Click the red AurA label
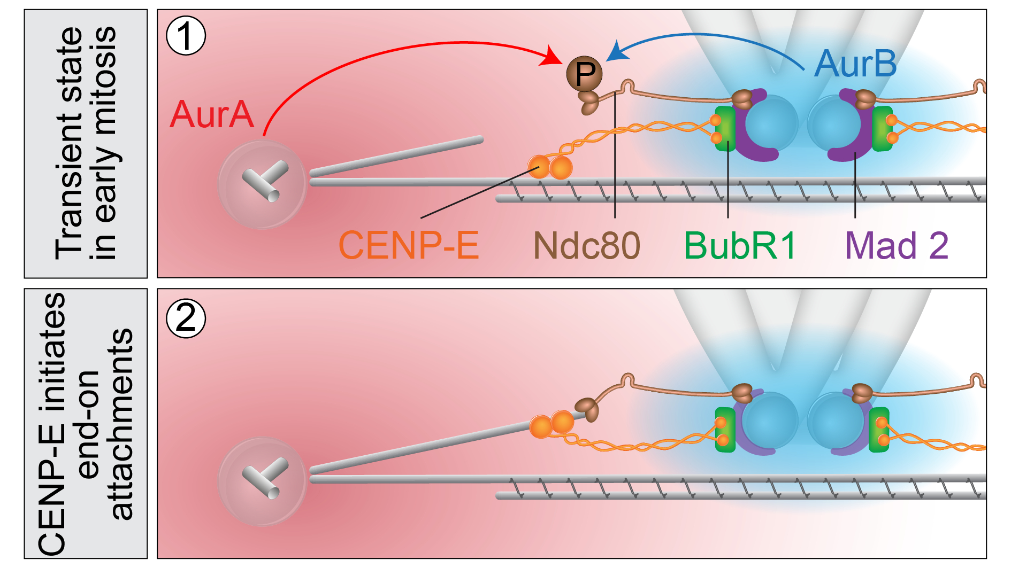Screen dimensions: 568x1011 (211, 114)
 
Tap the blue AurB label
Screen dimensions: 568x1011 (855, 64)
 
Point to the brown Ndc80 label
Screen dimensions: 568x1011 (586, 245)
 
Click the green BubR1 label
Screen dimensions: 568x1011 (740, 245)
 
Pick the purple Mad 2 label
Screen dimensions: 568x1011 (897, 245)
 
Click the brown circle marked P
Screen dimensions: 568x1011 (585, 74)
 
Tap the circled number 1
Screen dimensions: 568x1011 (186, 36)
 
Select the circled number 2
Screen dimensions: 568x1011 (186, 318)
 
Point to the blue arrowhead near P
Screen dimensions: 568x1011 (616, 52)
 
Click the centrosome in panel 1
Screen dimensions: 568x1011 (262, 184)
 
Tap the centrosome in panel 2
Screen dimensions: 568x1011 (262, 481)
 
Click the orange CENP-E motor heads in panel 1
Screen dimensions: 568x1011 (550, 167)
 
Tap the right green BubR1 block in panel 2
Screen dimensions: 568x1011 (878, 430)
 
